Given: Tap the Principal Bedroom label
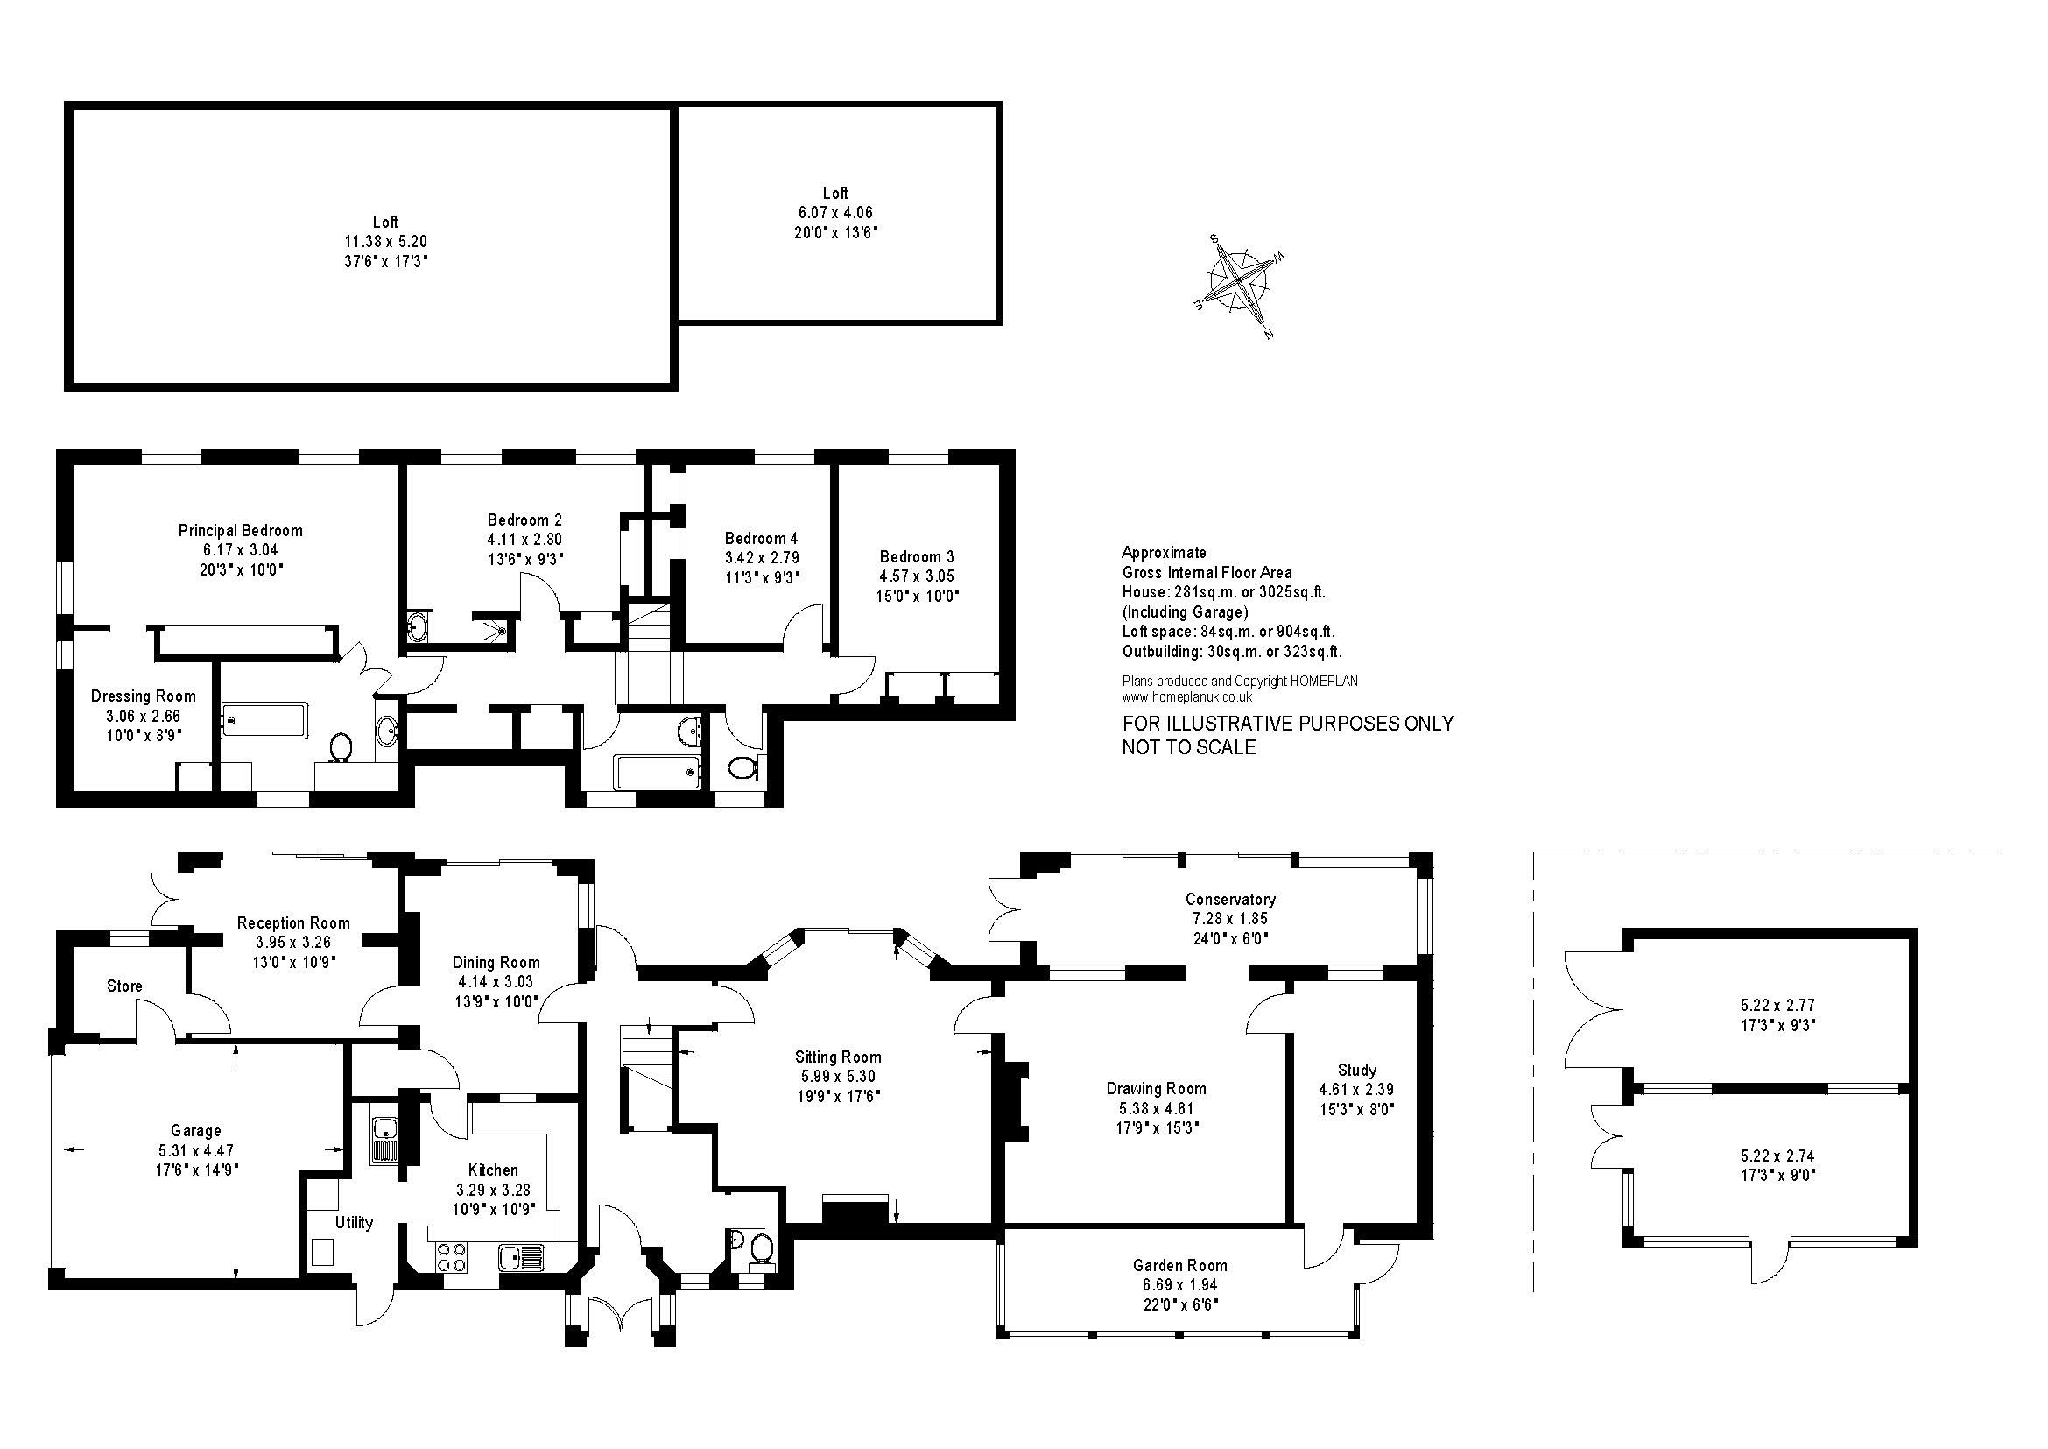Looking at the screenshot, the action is pos(240,530).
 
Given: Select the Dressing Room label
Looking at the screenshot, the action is pos(143,696).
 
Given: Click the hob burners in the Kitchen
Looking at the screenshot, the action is pos(451,1257).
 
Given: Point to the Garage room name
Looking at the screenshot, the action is pos(195,1131).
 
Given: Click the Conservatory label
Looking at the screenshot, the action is pos(1230,900).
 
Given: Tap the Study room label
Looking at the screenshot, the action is pos(1356,1070).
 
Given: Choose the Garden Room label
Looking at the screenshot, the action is pos(1180,1265).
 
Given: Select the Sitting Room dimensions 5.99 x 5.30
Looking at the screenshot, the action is pos(839,1077).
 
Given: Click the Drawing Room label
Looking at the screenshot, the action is pos(1156,1089).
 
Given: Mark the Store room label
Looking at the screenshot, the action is pos(124,986).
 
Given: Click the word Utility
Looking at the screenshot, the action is pos(354,1222).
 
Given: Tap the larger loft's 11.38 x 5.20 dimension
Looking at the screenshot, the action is pos(385,241).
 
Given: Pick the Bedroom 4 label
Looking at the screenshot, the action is pos(761,538).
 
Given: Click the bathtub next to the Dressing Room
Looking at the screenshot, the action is pos(264,719).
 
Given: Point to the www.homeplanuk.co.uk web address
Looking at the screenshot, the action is pos(1187,697).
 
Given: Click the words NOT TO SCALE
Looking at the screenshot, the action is pos(1189,747).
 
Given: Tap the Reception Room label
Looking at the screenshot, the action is pos(293,923).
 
